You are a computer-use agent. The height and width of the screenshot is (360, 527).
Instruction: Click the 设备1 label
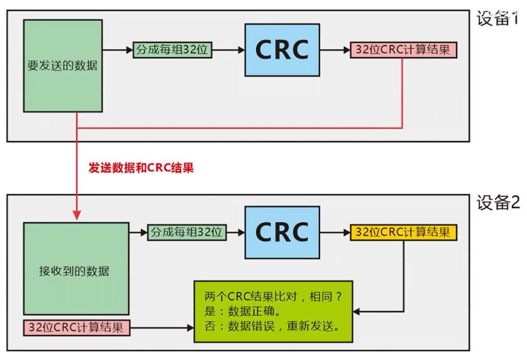(x=498, y=18)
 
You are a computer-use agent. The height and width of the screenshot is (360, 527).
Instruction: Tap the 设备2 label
(x=498, y=202)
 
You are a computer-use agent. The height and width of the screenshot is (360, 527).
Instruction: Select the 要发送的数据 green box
(x=63, y=66)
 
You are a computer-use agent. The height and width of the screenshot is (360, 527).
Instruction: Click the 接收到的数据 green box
(x=76, y=269)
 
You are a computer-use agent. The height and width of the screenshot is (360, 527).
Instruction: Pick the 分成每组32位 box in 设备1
(x=172, y=50)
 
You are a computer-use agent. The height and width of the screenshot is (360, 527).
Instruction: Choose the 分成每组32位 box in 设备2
(x=187, y=232)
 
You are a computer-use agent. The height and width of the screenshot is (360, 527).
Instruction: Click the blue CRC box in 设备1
(x=282, y=50)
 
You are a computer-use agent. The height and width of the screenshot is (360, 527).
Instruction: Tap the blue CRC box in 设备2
(x=282, y=232)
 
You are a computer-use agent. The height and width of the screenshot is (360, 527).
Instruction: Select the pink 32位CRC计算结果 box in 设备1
(x=403, y=50)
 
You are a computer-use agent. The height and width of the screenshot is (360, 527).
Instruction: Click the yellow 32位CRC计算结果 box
(x=403, y=232)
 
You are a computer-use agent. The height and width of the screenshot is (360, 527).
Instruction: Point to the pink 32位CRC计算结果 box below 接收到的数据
(x=77, y=328)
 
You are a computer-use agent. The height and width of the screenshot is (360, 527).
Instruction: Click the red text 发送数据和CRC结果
(x=141, y=167)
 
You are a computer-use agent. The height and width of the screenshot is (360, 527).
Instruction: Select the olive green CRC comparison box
(x=273, y=312)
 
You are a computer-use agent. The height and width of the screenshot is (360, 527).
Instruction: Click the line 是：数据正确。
(x=242, y=311)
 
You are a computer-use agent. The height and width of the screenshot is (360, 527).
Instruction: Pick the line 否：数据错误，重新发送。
(x=273, y=326)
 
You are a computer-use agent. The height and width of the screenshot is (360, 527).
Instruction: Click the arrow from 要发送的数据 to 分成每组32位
(x=117, y=50)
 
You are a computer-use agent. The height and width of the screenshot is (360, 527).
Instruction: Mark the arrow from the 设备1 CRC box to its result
(x=335, y=50)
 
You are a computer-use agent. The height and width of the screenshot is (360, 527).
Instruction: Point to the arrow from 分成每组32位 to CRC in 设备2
(x=236, y=232)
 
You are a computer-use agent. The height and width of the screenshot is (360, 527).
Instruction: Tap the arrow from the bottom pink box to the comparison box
(x=162, y=328)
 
